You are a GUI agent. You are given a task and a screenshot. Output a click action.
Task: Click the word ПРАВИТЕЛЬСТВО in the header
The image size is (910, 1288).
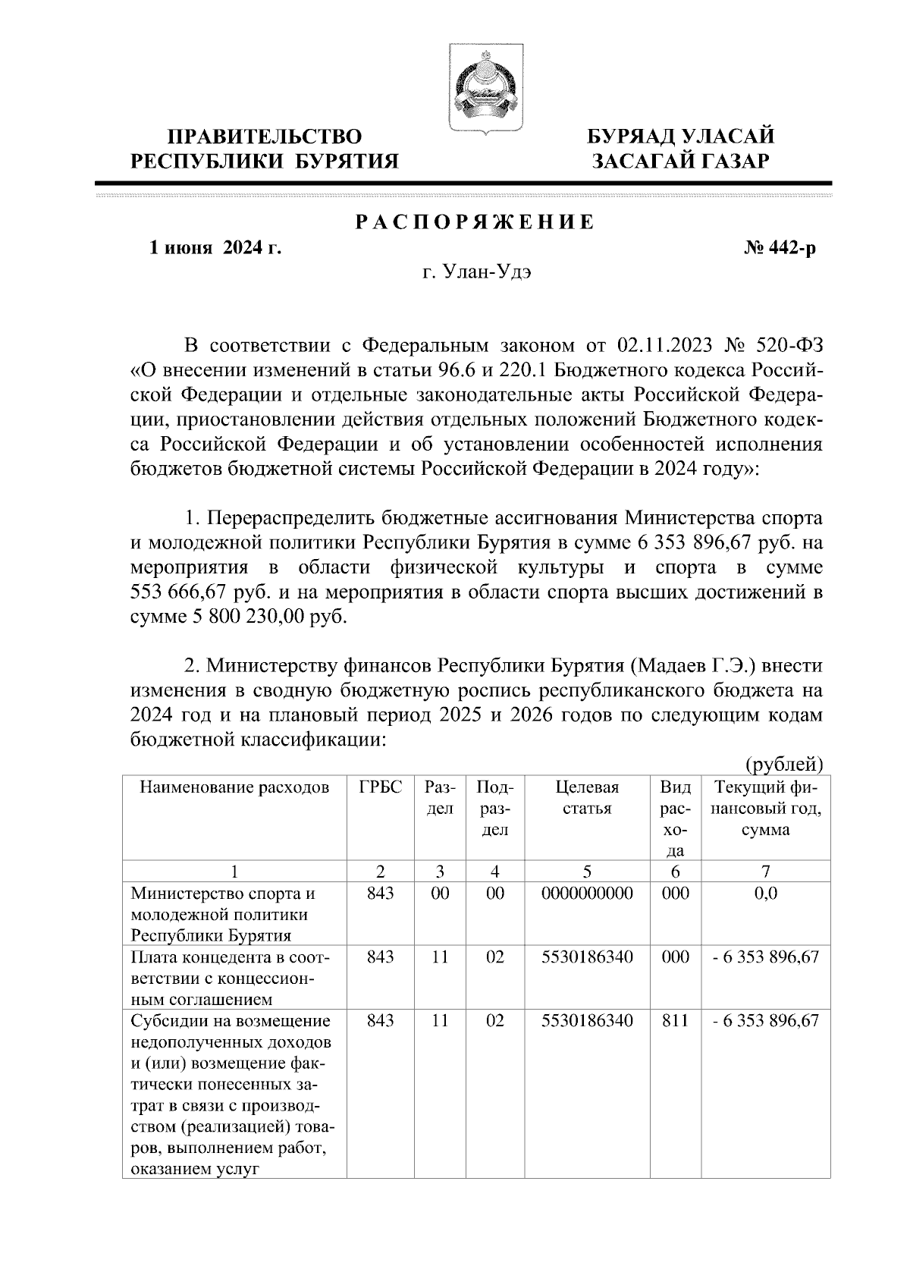[x=265, y=137]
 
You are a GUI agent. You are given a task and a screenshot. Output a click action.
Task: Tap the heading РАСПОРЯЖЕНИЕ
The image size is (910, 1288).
[x=475, y=222]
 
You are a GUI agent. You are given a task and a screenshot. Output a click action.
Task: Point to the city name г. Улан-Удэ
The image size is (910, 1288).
[x=476, y=273]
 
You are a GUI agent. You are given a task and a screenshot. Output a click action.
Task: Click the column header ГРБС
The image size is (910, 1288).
[x=380, y=787]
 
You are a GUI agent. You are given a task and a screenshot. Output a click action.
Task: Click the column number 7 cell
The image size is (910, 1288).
[x=765, y=872]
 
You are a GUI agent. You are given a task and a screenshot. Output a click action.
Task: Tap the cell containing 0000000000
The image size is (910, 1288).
[x=587, y=894]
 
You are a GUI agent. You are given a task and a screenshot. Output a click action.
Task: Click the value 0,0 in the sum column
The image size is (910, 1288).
[x=765, y=894]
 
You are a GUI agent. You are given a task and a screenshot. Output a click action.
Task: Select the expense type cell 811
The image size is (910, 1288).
[x=675, y=1021]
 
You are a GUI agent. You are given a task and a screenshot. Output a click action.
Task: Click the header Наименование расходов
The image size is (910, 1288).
[x=235, y=787]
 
